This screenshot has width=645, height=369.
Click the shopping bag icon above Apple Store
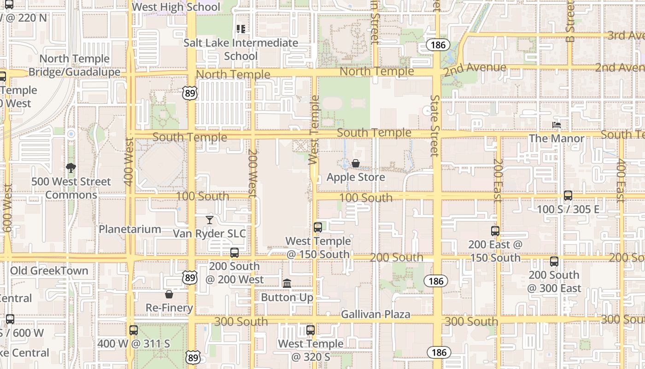tap(356, 163)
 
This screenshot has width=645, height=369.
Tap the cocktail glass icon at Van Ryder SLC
tap(210, 220)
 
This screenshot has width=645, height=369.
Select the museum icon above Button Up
tap(287, 283)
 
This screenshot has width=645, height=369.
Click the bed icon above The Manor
tap(557, 125)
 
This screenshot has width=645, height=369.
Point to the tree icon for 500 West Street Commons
tap(70, 167)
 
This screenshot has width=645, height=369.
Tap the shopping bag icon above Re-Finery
tap(169, 294)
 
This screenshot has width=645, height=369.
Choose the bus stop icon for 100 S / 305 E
tap(568, 195)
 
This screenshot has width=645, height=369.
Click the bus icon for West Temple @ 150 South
tap(318, 227)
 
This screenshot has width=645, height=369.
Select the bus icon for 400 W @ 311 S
tap(134, 330)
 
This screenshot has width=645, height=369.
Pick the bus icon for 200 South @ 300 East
tap(554, 262)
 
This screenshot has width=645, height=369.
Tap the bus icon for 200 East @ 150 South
tap(495, 231)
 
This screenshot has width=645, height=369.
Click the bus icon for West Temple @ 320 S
tap(311, 330)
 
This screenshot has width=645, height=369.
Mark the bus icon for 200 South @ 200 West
tap(235, 252)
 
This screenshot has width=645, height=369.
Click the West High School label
tap(176, 7)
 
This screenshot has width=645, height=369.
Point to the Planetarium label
tap(130, 229)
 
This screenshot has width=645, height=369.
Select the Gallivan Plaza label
tap(375, 315)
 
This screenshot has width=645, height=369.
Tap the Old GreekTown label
tap(49, 271)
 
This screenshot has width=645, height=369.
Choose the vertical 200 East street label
tap(497, 181)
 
